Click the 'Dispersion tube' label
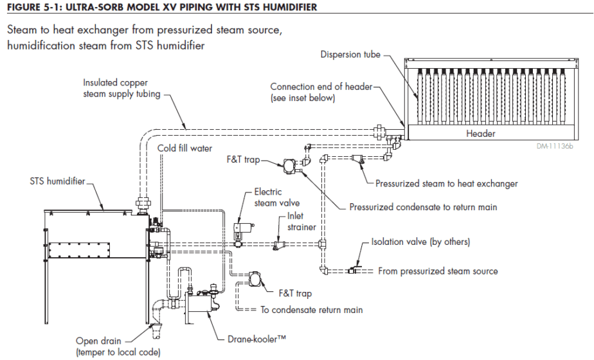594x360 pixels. pyautogui.click(x=350, y=55)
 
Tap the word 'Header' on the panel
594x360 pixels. pyautogui.click(x=481, y=134)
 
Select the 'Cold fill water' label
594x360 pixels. pyautogui.click(x=184, y=148)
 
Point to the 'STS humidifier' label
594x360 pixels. pyautogui.click(x=57, y=182)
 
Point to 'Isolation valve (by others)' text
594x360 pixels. pyautogui.click(x=420, y=242)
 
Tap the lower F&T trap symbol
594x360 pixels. pyautogui.click(x=254, y=278)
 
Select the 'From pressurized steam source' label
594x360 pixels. pyautogui.click(x=438, y=271)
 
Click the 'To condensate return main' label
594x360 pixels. pyautogui.click(x=311, y=310)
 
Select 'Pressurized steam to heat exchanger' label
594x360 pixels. pyautogui.click(x=447, y=184)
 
